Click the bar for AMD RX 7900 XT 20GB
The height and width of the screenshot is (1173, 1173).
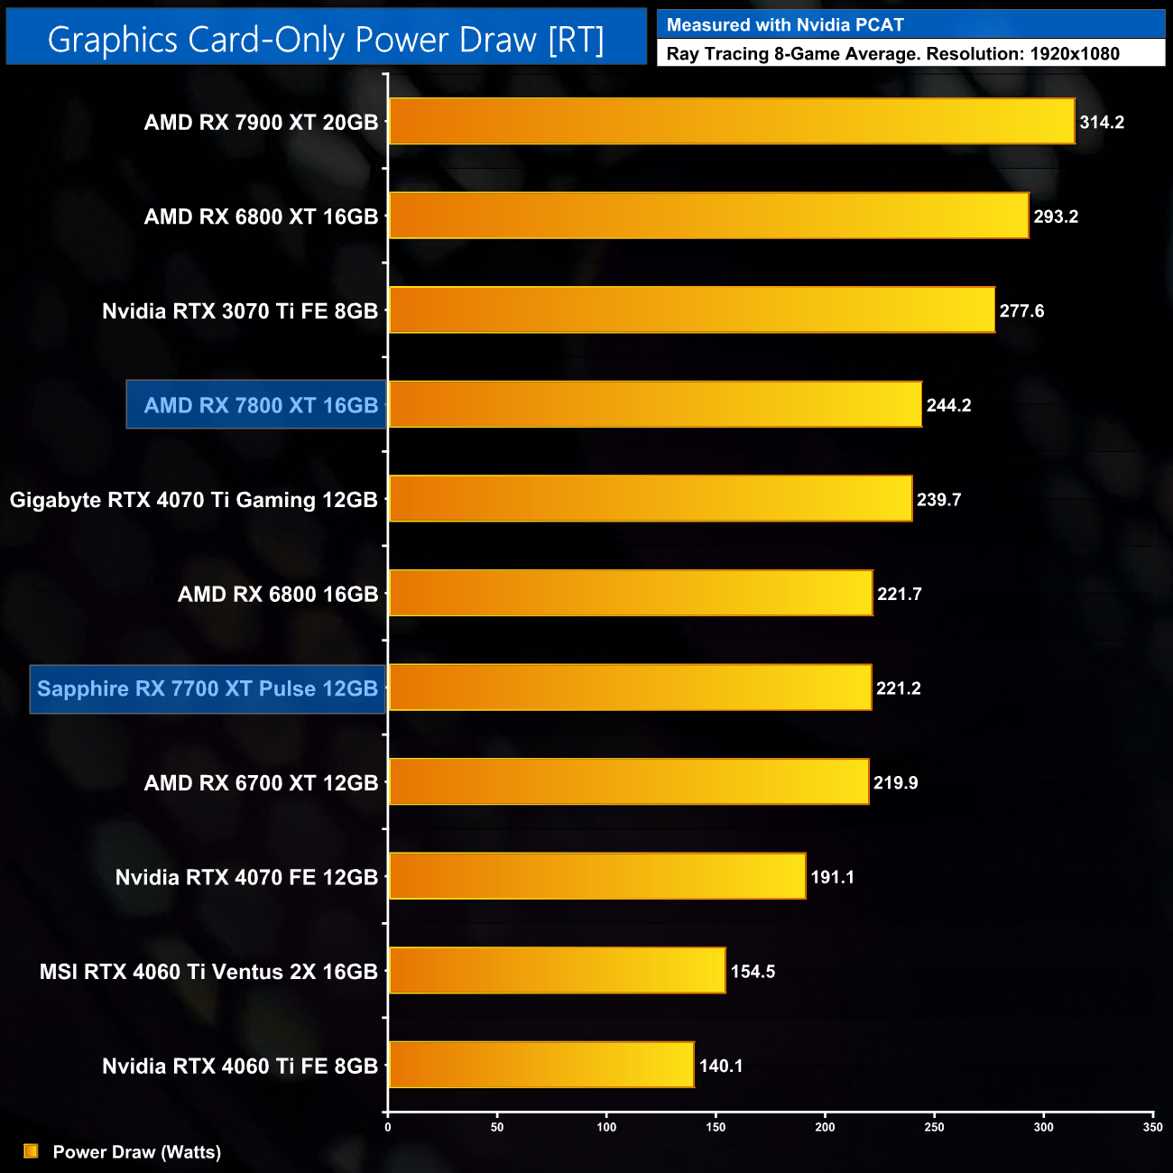click(x=731, y=121)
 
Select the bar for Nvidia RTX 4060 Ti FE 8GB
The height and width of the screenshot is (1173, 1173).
click(x=541, y=1065)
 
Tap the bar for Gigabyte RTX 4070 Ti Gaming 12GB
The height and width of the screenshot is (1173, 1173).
click(x=650, y=499)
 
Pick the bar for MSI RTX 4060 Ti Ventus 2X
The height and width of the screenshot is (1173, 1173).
click(x=557, y=971)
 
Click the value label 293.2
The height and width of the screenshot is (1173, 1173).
click(x=1056, y=217)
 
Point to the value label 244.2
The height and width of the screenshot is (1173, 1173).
click(x=948, y=405)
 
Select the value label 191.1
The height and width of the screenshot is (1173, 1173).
click(x=832, y=877)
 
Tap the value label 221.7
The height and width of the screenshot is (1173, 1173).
click(x=899, y=594)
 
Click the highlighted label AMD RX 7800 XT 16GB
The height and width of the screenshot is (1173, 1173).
click(x=261, y=405)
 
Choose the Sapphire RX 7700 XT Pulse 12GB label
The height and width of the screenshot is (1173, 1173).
click(x=208, y=688)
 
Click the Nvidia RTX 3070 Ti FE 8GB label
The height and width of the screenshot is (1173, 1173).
click(x=240, y=311)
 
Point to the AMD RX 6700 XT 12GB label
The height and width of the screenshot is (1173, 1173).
click(x=261, y=782)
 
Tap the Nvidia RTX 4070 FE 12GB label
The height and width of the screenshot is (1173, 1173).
click(x=246, y=877)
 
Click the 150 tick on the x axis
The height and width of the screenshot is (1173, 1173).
click(x=716, y=1127)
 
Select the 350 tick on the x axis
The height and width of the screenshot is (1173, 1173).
click(x=1152, y=1127)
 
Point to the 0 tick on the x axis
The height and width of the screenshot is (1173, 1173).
click(x=388, y=1127)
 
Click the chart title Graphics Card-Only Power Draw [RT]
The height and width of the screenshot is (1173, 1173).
click(x=326, y=39)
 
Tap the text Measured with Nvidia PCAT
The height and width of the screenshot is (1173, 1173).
click(x=785, y=25)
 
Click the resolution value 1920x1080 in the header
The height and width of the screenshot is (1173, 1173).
click(x=1074, y=54)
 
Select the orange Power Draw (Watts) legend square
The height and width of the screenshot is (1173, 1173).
click(x=31, y=1151)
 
